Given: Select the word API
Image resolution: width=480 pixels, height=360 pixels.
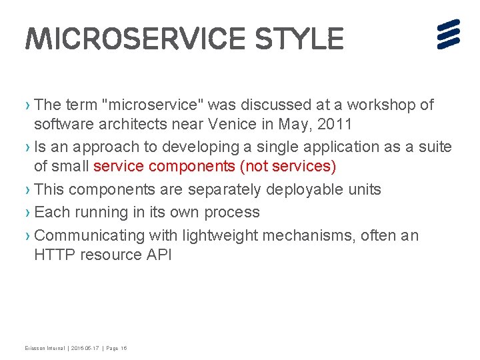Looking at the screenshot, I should click(157, 255).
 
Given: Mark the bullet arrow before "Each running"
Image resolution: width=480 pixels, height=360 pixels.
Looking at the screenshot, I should click(27, 213).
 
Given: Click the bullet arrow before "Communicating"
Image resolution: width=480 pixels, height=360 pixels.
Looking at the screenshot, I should click(27, 236).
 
